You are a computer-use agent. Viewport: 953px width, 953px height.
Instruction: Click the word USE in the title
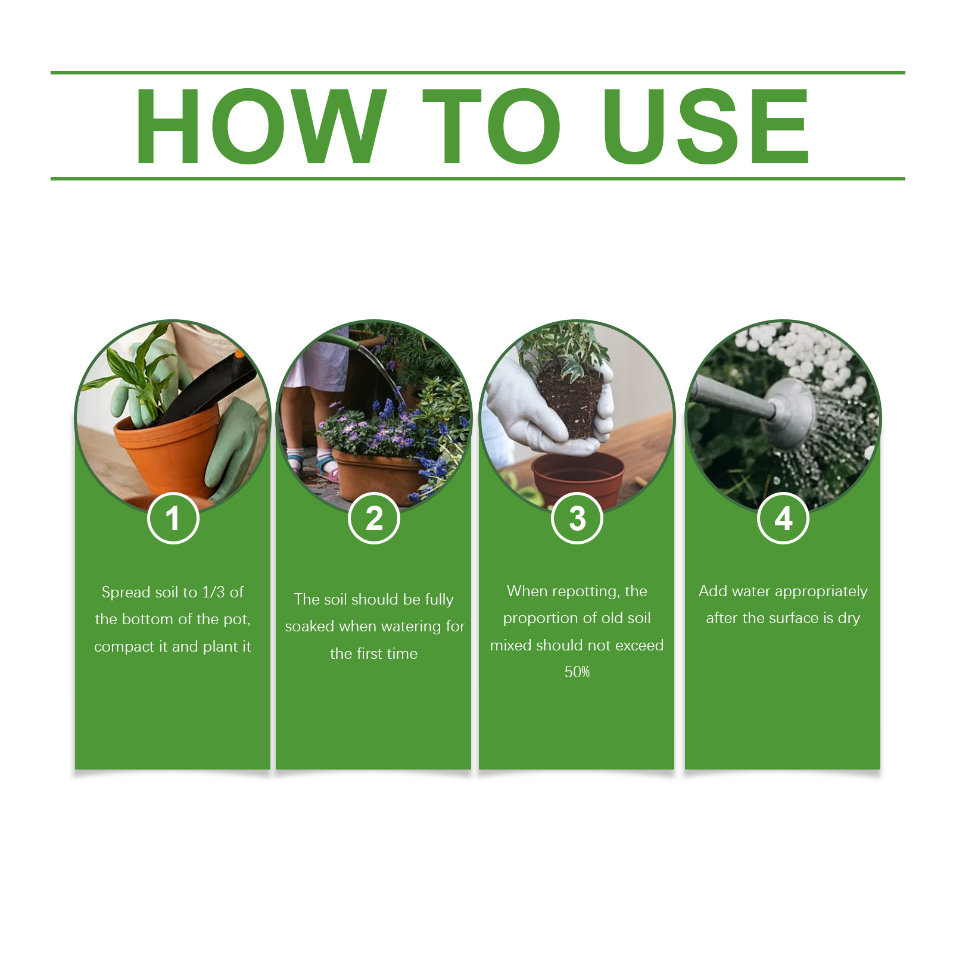tap(706, 126)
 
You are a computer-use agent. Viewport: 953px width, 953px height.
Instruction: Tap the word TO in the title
tap(491, 126)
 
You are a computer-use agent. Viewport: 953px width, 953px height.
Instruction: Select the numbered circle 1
tap(173, 518)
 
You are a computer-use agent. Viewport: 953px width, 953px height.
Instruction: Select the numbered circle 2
tap(374, 518)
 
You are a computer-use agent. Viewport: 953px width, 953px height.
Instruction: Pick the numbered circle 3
tap(577, 518)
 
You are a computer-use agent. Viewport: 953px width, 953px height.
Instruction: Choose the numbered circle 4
tap(783, 518)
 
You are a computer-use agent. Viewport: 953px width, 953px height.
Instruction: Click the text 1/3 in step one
tap(213, 592)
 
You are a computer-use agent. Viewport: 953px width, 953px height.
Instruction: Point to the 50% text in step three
tap(577, 672)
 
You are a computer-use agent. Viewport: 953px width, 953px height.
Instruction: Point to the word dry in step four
tap(849, 618)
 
